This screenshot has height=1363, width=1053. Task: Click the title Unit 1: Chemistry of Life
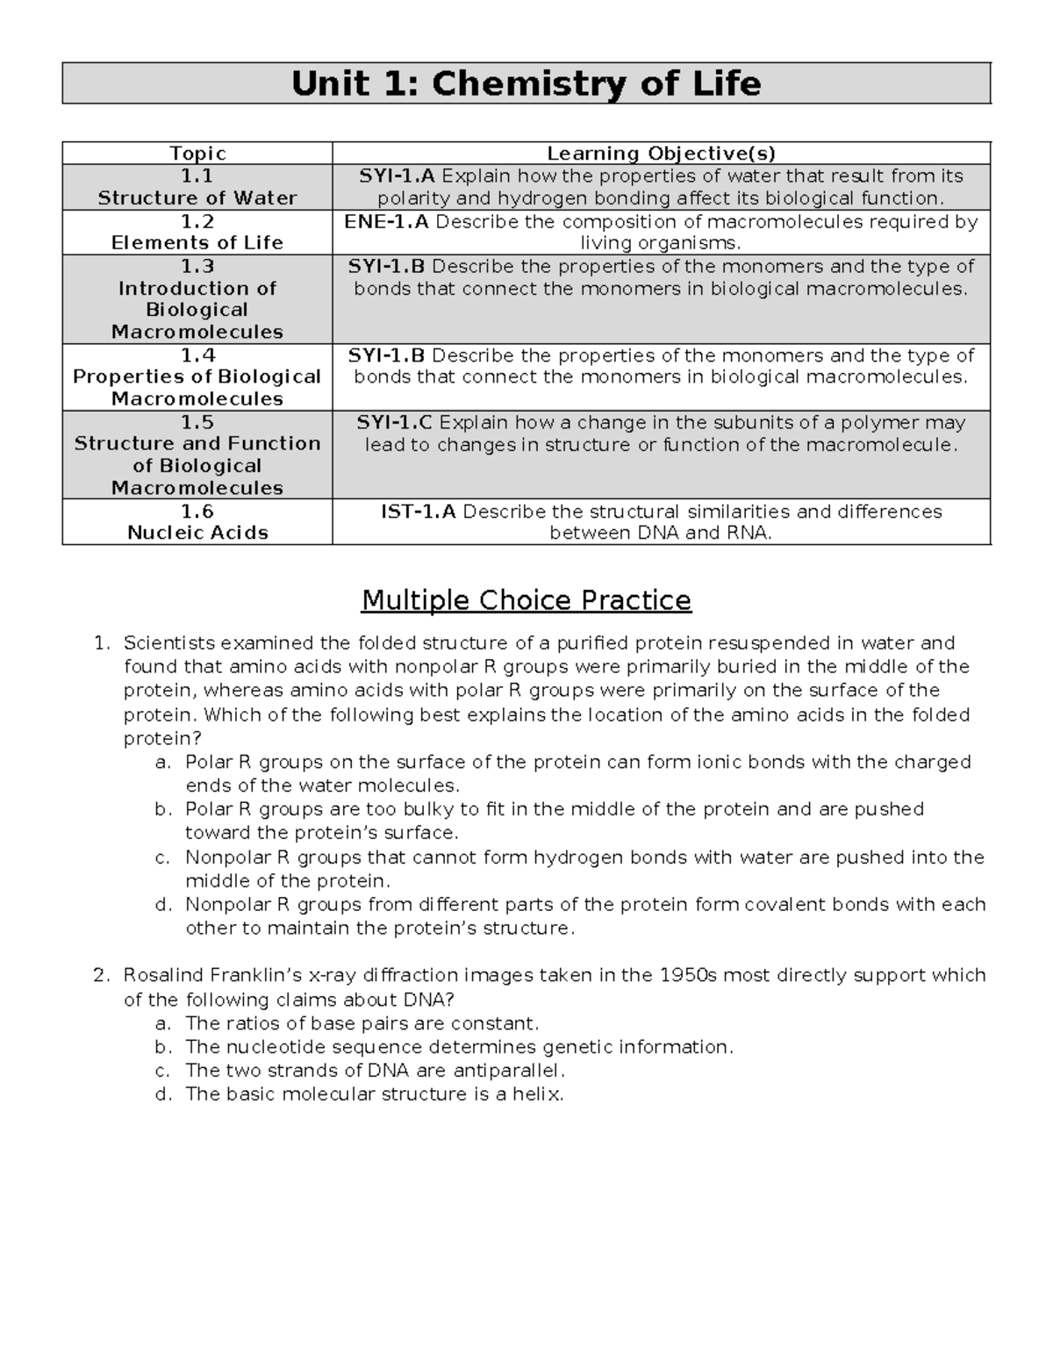tap(526, 84)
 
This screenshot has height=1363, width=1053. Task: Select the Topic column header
tap(197, 154)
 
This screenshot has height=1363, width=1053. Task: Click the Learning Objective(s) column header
tap(661, 154)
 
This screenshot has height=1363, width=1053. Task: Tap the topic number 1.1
tap(197, 176)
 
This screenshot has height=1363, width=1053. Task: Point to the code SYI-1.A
tap(397, 176)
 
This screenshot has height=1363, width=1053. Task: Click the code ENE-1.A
tap(386, 221)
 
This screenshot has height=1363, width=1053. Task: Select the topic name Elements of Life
tap(197, 243)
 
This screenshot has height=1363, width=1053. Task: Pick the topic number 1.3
tap(197, 266)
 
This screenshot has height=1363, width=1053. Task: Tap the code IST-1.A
tap(418, 512)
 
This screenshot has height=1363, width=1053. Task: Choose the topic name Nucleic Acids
tap(197, 533)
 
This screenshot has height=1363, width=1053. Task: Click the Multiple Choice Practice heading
tap(526, 601)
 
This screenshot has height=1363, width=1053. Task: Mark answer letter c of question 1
tap(161, 857)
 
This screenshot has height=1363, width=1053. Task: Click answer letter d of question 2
tap(161, 1094)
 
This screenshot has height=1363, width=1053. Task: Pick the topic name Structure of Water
tap(197, 198)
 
